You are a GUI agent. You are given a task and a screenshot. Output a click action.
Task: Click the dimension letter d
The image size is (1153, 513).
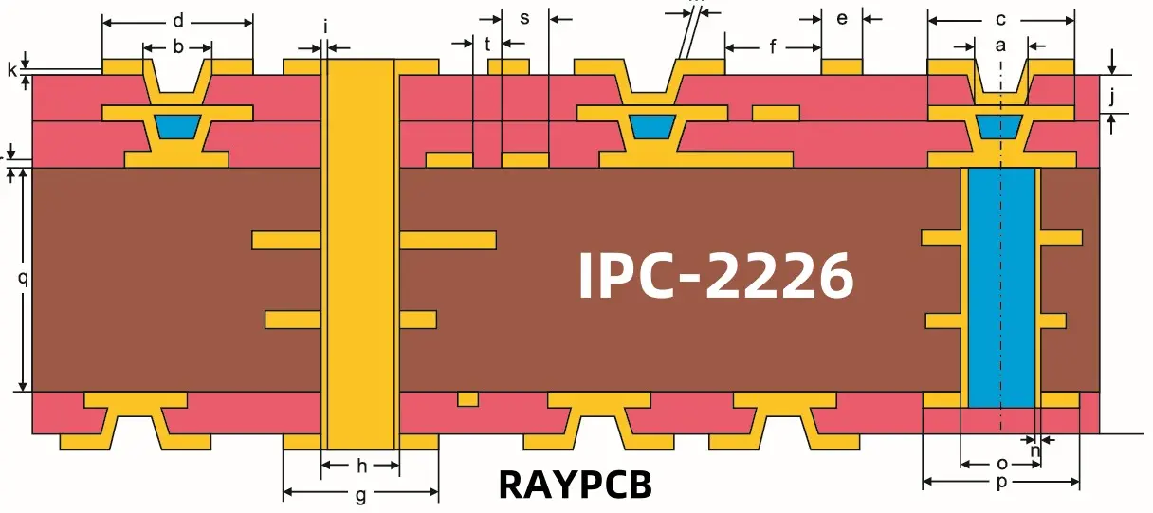(178, 20)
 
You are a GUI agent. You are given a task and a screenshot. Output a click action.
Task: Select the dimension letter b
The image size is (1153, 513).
(178, 46)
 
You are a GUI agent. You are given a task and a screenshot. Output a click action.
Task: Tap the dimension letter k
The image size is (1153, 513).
(12, 70)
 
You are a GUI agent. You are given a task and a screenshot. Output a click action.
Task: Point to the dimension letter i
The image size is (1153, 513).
(325, 27)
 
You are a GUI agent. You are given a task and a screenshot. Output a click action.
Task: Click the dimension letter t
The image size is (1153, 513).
(487, 44)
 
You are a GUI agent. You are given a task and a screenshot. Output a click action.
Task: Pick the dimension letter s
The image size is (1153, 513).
(525, 19)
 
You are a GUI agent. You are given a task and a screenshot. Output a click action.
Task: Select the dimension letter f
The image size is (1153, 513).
(773, 46)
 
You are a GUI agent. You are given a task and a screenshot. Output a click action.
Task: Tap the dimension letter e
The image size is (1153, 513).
(842, 19)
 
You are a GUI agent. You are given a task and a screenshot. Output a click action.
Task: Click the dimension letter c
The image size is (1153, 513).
(1000, 20)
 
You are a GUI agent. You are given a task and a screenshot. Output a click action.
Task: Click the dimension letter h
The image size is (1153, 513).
(361, 466)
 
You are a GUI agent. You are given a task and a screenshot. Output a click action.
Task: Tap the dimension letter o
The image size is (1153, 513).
(1001, 464)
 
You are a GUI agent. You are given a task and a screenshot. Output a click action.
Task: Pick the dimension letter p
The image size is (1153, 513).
(1001, 484)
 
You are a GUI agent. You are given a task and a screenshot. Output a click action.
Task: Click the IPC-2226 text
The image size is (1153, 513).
(716, 276)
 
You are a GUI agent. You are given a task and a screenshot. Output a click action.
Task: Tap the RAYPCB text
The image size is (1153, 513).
(576, 485)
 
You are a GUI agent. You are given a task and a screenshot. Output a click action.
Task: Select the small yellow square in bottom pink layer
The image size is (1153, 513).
(467, 398)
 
